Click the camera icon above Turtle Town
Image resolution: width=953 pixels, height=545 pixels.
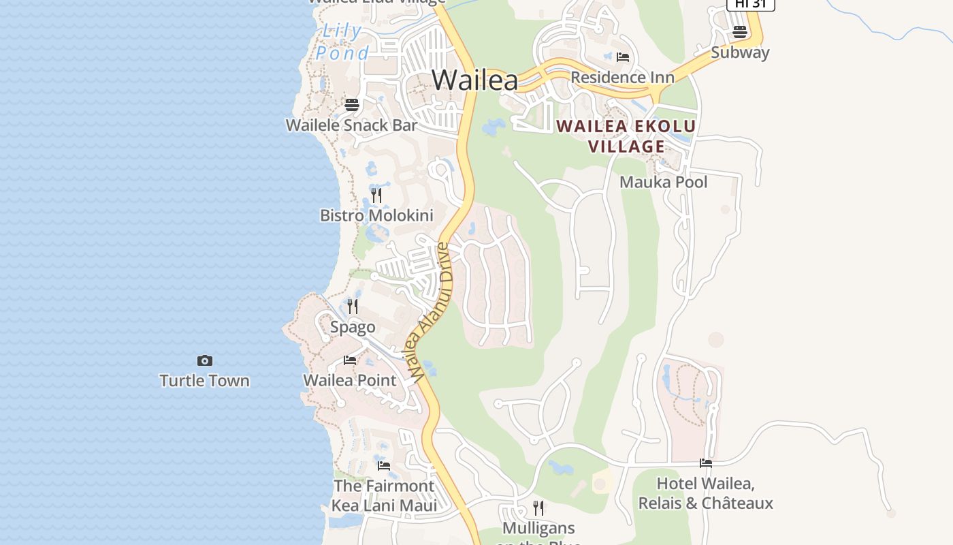pos(204,360)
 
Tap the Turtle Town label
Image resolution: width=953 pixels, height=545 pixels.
pos(204,380)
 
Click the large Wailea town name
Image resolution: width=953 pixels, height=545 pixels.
pos(474,80)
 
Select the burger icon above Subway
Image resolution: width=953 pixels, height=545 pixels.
pos(740,32)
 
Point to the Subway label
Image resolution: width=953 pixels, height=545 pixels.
pos(740,52)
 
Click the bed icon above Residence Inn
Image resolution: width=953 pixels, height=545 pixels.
pos(622,57)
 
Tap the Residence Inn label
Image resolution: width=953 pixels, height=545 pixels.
pos(622,77)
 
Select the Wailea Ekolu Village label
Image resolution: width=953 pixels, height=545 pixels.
pos(626,136)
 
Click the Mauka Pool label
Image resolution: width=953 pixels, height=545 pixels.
pos(663,182)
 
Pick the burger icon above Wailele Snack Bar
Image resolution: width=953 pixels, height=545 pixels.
pos(351,105)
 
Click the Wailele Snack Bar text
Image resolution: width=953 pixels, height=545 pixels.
pos(351,125)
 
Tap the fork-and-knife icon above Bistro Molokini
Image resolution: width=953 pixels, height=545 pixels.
pos(376,196)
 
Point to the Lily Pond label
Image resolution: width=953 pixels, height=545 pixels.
pos(342,42)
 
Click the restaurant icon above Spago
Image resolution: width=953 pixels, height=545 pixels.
pos(353,307)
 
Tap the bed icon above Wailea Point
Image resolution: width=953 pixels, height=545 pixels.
pos(350,360)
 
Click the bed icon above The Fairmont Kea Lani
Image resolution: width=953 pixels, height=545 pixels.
pos(384,466)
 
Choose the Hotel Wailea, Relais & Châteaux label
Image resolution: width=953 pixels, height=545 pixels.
pos(705,494)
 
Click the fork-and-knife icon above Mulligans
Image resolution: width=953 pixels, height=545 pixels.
pos(538,508)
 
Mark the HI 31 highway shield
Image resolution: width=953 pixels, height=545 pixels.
pos(750,4)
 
